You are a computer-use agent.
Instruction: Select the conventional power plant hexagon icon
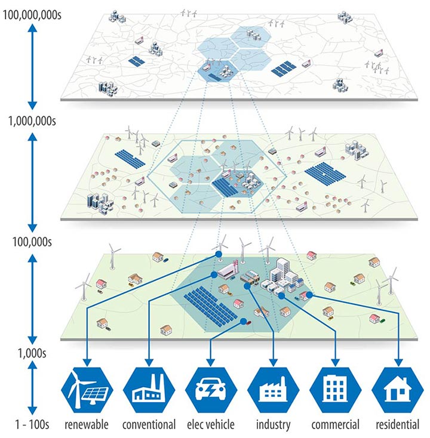[x=149, y=389]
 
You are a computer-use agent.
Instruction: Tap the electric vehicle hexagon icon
[x=210, y=389]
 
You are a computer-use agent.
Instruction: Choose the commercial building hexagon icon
[x=335, y=389]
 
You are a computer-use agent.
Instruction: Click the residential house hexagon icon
[x=397, y=389]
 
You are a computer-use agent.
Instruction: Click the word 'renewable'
[x=87, y=425]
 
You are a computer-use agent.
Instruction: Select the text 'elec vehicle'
[x=211, y=425]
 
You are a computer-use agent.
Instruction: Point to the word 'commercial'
[x=335, y=425]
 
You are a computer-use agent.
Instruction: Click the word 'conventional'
[x=149, y=425]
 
